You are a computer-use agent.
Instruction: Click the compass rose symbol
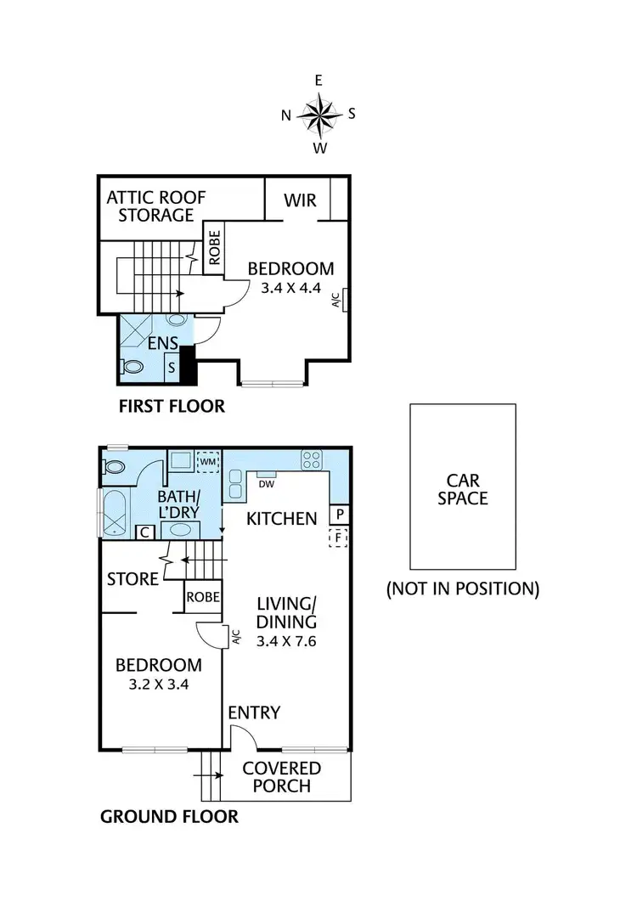pos(319,114)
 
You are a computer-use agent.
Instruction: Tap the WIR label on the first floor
pos(300,200)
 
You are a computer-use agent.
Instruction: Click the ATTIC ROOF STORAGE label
pos(155,206)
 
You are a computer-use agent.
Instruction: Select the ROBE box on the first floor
pos(214,248)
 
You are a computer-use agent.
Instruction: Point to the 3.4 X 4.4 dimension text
pos(291,288)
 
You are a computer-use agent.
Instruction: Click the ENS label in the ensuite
pos(165,343)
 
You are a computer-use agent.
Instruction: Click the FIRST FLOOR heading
pos(172,407)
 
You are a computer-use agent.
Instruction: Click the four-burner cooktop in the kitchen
pos(311,459)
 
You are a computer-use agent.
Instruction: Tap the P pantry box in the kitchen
pos(340,515)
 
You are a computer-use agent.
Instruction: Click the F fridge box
pos(340,538)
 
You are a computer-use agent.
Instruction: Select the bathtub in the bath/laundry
pos(114,512)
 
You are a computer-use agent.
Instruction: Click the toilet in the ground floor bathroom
pos(115,466)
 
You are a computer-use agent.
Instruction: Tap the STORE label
pos(132,580)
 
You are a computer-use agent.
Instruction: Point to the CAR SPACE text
pos(463,487)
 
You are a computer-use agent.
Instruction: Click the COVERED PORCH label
pos(282,777)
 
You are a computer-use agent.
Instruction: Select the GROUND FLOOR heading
pos(169,817)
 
